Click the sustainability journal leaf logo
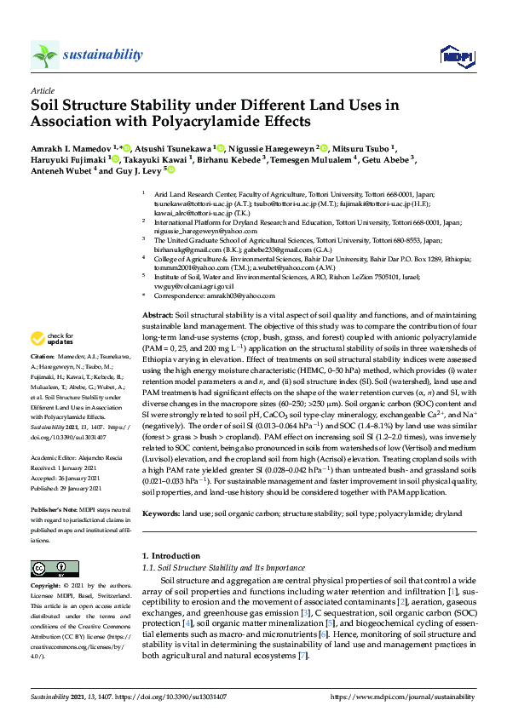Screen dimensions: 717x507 pos(44,54)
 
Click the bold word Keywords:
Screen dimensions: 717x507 pos(160,513)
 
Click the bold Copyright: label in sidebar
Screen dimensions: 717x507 pos(47,588)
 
